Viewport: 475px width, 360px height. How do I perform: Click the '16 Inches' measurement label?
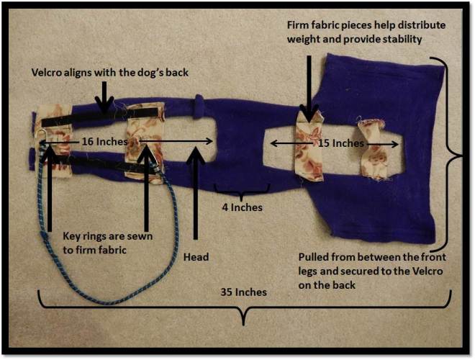[x=101, y=142]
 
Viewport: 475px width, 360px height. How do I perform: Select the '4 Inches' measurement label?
[x=241, y=207]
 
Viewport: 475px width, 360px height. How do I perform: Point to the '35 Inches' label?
[x=244, y=292]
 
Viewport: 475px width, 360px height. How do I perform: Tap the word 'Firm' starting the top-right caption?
[x=297, y=25]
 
